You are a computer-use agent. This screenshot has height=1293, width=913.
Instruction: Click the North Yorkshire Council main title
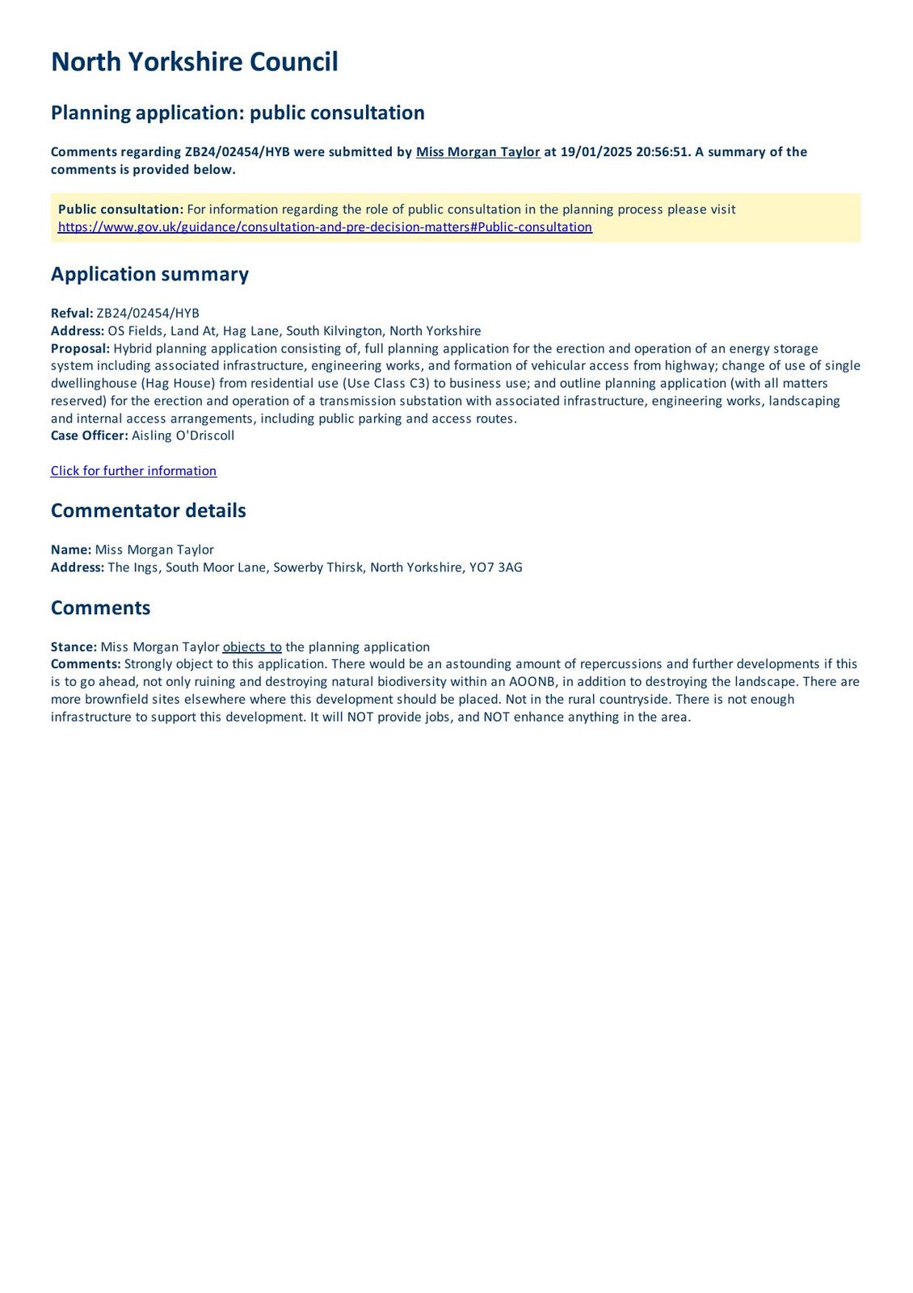click(x=194, y=62)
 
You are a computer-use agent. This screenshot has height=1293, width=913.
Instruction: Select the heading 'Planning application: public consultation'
click(x=238, y=112)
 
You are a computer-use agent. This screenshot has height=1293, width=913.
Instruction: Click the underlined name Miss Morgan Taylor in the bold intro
click(x=478, y=152)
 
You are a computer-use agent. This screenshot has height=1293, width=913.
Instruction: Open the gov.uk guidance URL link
click(x=325, y=227)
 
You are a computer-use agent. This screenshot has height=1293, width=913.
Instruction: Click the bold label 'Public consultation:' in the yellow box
click(x=120, y=209)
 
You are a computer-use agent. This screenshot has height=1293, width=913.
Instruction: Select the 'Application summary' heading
click(x=149, y=274)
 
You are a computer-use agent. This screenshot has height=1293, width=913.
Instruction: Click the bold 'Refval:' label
click(x=72, y=314)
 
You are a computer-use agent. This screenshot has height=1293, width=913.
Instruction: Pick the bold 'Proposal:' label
click(x=80, y=348)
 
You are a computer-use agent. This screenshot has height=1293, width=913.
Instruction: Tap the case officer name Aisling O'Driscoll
click(x=183, y=436)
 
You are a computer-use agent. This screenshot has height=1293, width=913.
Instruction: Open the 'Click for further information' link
click(x=133, y=471)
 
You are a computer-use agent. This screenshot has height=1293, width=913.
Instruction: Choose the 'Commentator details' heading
click(x=148, y=511)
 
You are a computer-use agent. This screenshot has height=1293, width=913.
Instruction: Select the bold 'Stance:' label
click(x=74, y=646)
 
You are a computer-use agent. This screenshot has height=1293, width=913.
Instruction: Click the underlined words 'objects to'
click(x=252, y=646)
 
